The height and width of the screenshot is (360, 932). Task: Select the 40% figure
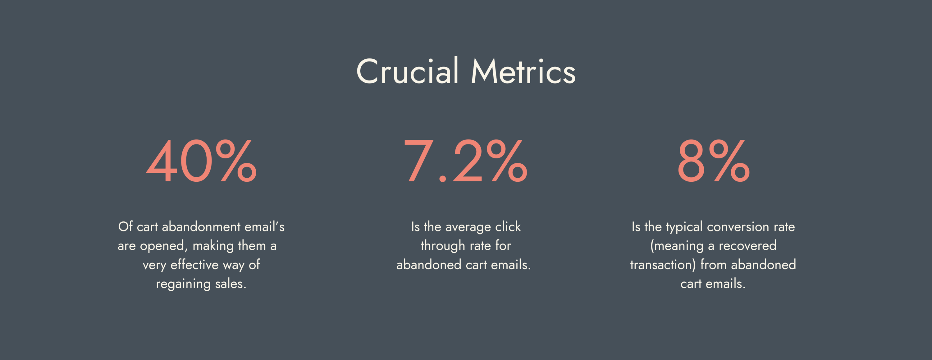[201, 161]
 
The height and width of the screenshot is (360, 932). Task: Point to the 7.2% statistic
[465, 161]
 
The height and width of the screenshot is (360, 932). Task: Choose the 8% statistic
[714, 161]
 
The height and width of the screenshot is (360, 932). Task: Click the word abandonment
[201, 226]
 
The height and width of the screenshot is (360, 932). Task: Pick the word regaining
[183, 284]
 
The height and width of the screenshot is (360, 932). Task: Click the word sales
[231, 284]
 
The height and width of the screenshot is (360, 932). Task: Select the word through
[443, 246]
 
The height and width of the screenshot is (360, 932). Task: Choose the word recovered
[747, 246]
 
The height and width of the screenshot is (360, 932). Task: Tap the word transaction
[661, 265]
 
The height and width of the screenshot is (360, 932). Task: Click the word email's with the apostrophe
[264, 226]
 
